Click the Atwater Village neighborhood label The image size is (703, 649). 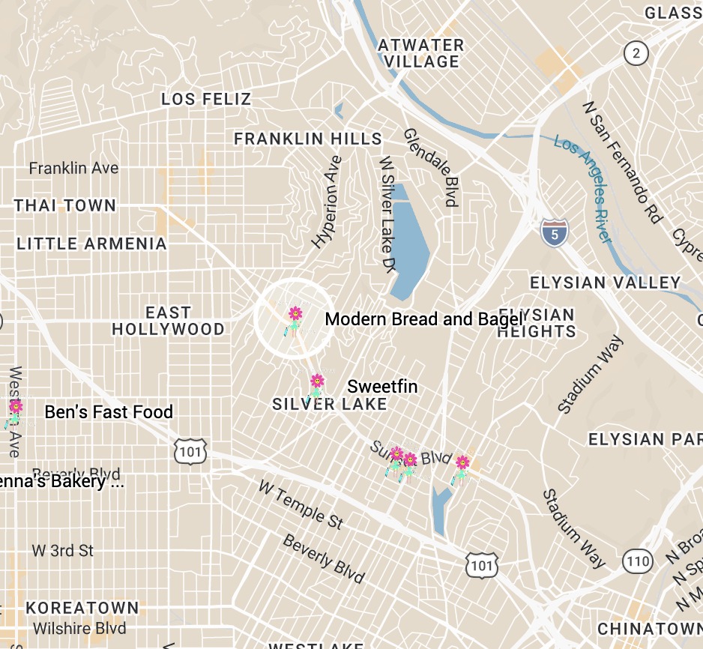point(420,53)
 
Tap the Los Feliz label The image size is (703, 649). point(206,99)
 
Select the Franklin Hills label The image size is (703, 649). point(308,139)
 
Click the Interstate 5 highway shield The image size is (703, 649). point(554,232)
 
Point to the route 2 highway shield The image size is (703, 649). point(636,52)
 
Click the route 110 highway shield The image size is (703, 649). point(638,560)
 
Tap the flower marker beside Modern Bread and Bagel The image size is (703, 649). point(295,315)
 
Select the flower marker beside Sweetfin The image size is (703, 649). point(317,382)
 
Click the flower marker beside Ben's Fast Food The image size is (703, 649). point(16,408)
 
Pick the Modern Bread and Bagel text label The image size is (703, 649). point(423,319)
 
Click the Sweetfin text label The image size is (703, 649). point(382,387)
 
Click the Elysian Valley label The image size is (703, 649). point(605,283)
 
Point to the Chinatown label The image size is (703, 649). point(649,628)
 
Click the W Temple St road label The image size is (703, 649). point(301,504)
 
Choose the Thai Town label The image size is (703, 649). point(65,205)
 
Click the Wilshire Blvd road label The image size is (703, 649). point(79,628)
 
